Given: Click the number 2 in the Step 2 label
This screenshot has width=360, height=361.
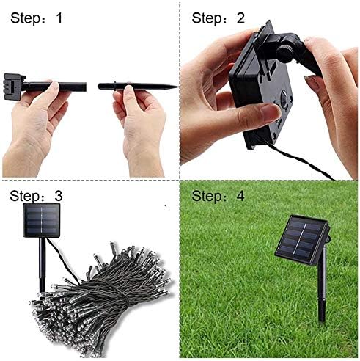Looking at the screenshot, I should [x=240, y=18].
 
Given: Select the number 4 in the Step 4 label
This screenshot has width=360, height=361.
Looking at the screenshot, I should [x=240, y=197].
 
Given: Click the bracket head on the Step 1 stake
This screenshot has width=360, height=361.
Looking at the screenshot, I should [x=13, y=85].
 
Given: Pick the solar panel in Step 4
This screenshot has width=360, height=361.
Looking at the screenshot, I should [x=301, y=238].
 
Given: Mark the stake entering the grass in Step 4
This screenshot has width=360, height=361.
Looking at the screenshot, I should [x=320, y=308].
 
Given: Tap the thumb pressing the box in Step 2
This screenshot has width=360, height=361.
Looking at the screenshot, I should [x=257, y=114].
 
